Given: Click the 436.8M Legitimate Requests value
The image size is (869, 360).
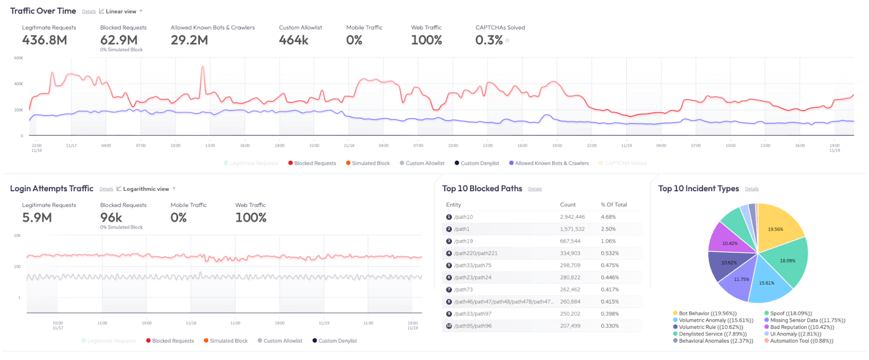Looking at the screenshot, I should [45, 40].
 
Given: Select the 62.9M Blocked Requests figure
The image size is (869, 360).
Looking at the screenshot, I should [119, 40].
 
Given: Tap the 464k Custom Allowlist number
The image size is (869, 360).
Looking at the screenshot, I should [294, 40].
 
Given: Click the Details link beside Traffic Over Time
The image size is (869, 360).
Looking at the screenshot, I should [89, 11].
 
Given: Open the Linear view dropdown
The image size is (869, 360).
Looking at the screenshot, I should [121, 11].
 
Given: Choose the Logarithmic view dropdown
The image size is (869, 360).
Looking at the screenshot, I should [146, 189].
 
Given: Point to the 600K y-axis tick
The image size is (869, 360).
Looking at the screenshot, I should [18, 58].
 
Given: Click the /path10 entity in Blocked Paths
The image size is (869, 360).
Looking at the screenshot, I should [464, 217].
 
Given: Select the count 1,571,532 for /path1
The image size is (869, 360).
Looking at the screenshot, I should [572, 229].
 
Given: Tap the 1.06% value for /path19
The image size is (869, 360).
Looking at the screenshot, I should [608, 241].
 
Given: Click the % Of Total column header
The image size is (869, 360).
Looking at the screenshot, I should [614, 205].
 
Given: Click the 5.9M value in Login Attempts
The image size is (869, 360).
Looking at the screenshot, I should [37, 218].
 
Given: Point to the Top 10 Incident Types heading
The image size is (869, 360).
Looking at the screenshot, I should [698, 188].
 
